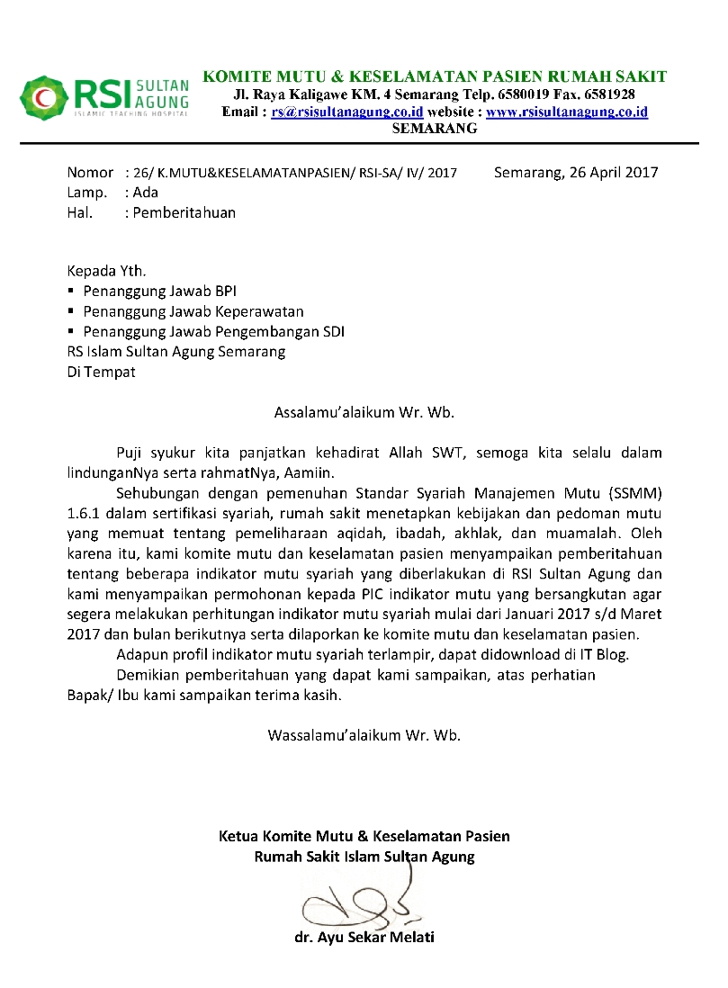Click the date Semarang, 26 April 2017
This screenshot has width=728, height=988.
tap(576, 172)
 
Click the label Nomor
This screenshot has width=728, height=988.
tap(90, 172)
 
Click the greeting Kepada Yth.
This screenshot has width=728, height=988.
tap(105, 271)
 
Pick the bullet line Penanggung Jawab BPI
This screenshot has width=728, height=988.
tap(159, 292)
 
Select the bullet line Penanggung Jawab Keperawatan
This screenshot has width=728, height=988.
tap(193, 311)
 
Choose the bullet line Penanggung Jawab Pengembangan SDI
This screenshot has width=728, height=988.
tap(213, 331)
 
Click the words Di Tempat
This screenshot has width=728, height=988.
tap(102, 372)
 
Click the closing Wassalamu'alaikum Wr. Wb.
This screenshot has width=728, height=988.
tap(364, 734)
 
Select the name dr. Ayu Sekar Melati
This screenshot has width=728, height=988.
tap(364, 938)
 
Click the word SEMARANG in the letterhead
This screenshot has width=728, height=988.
tap(435, 129)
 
